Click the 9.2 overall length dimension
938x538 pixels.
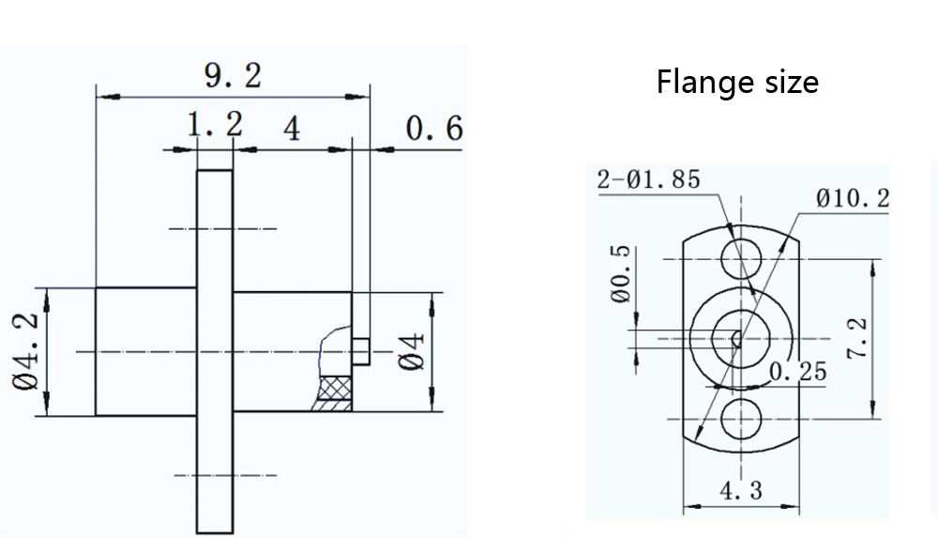(x=233, y=76)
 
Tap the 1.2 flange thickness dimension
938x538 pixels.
(x=214, y=125)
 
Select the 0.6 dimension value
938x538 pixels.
(x=434, y=129)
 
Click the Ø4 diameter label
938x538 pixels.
(x=412, y=351)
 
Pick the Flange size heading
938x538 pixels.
(x=737, y=83)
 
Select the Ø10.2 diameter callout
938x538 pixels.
(x=852, y=198)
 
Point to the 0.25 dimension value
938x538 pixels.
(x=798, y=373)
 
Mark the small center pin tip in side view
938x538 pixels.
(x=361, y=351)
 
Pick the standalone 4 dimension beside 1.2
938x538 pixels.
(x=293, y=129)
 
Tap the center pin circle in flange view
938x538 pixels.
(x=739, y=336)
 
